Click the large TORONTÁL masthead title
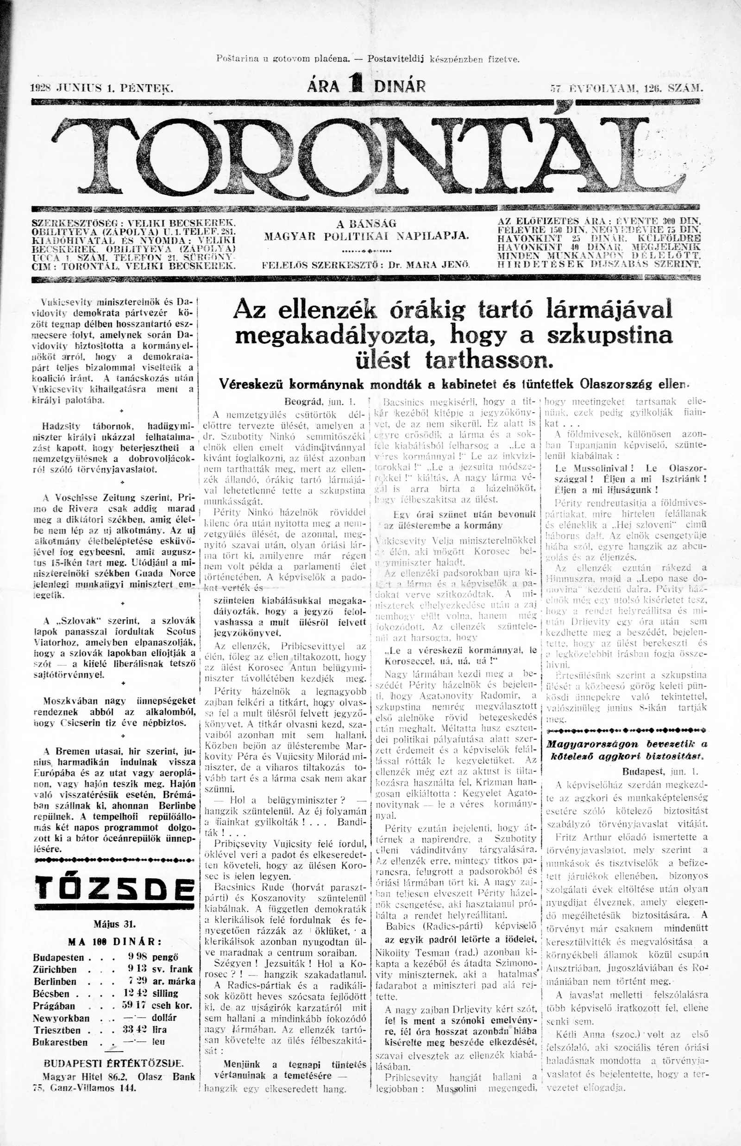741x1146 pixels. (x=370, y=154)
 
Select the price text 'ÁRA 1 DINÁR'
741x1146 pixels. (x=366, y=87)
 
